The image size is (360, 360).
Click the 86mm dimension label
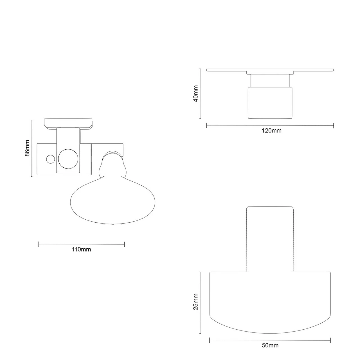(27, 148)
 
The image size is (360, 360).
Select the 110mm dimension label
(81, 249)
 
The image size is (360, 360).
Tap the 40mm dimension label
(196, 93)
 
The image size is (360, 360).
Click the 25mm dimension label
(196, 301)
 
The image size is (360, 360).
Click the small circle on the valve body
(50, 159)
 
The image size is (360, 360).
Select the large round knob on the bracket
(67, 158)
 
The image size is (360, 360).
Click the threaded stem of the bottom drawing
(270, 239)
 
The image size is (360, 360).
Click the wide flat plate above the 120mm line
(270, 70)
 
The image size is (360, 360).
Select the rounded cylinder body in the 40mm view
(270, 103)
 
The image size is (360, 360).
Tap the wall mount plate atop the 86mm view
(68, 123)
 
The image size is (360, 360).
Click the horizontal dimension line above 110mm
(81, 244)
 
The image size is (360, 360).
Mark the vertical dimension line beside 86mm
(32, 148)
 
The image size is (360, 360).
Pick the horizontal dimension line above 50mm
(270, 341)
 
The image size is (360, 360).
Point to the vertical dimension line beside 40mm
(200, 94)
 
